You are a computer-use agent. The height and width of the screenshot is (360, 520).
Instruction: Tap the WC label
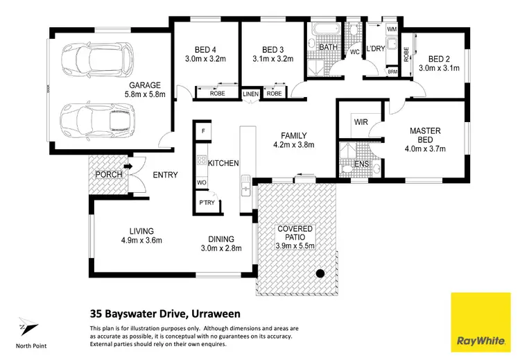(353, 53)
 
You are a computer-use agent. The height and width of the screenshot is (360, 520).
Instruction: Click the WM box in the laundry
(392, 29)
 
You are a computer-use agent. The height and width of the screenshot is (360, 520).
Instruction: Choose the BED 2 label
(440, 59)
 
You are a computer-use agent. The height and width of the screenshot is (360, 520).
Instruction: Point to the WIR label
(361, 122)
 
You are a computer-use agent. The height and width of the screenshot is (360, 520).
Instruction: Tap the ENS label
(361, 164)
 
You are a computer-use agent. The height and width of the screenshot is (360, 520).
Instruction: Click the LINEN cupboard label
(250, 94)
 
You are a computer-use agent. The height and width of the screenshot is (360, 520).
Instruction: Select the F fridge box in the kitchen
(203, 130)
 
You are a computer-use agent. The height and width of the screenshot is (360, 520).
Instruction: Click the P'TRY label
(207, 203)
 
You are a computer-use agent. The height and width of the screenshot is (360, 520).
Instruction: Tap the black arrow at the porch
(128, 166)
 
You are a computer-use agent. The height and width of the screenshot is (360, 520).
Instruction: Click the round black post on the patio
(320, 273)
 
